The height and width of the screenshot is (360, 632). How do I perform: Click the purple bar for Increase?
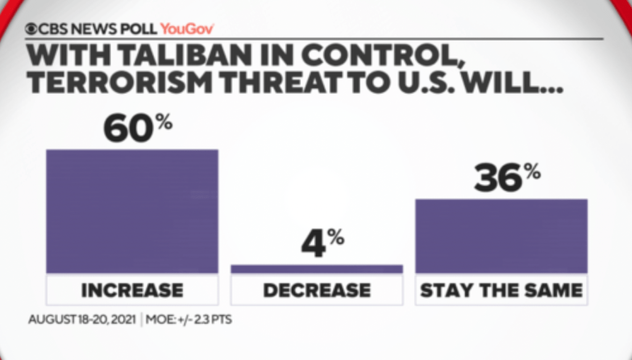tap(132, 211)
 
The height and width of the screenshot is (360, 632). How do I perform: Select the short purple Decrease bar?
tap(317, 269)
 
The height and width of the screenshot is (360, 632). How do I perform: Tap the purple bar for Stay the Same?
tap(501, 236)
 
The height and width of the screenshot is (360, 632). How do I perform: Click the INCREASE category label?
tap(132, 290)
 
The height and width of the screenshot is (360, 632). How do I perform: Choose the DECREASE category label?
tap(317, 290)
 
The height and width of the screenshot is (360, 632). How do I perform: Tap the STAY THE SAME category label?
tap(501, 290)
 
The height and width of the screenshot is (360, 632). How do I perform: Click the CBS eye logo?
tap(31, 28)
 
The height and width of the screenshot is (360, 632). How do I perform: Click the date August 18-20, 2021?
tap(82, 320)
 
